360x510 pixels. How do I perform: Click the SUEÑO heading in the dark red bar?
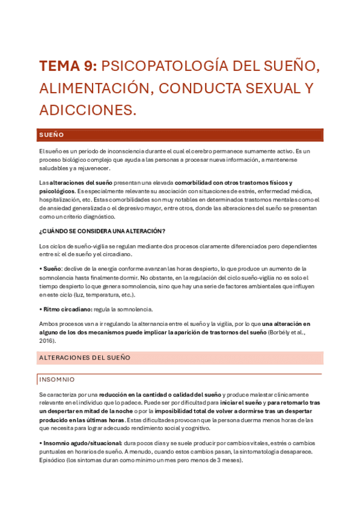click(52, 135)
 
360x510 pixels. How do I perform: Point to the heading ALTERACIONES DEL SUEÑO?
click(84, 358)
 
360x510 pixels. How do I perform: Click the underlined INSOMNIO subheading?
click(57, 379)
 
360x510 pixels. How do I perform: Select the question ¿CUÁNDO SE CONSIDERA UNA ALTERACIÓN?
click(102, 231)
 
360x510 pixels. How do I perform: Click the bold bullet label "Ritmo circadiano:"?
click(67, 309)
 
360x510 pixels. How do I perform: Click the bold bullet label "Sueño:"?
click(53, 268)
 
